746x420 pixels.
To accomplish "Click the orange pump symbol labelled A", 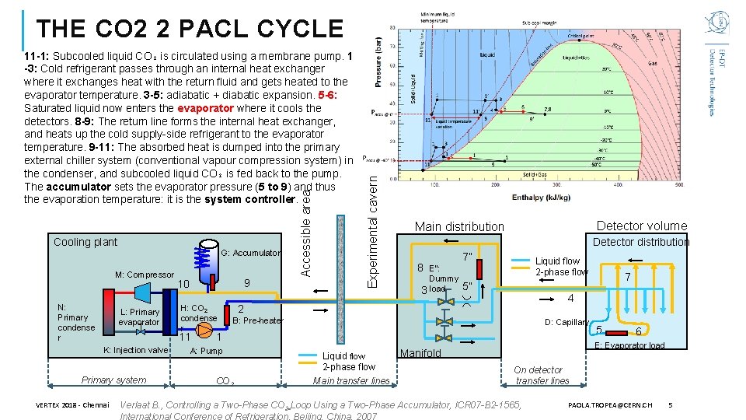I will pos(204,331).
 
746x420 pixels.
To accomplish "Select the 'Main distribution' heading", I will pos(459,226).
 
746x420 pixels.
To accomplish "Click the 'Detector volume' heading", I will pos(641,226).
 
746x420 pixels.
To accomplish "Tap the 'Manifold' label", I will pos(420,353).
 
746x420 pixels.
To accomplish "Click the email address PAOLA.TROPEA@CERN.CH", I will pos(609,405).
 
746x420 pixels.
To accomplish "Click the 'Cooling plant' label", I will pos(85,242).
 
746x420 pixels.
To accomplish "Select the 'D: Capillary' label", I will pos(565,322).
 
